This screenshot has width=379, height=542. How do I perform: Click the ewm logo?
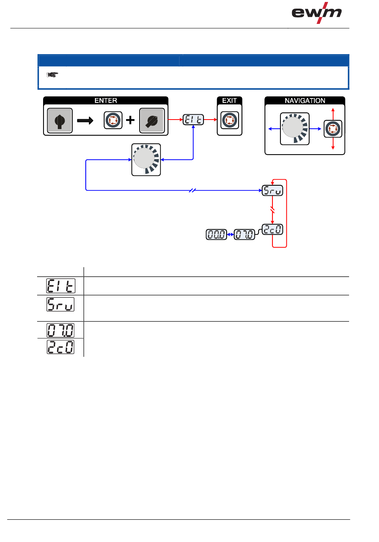316,13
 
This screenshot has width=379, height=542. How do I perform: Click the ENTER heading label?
106,100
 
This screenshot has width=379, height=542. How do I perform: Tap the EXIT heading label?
229,100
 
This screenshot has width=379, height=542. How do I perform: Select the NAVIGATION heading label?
305,101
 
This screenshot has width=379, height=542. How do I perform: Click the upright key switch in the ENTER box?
59,120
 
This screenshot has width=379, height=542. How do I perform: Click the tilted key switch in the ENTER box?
152,120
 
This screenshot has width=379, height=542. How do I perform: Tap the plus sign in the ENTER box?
130,120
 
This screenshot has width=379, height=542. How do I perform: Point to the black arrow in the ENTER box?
85,120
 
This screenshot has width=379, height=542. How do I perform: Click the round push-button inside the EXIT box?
229,120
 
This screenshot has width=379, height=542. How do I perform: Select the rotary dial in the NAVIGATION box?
294,129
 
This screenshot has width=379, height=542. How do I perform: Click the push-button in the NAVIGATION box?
333,129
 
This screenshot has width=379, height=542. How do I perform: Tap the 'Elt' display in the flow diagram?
193,120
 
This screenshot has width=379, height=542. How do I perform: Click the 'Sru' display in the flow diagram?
272,190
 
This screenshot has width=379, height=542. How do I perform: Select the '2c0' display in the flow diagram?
272,230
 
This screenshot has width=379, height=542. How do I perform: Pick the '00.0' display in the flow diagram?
216,234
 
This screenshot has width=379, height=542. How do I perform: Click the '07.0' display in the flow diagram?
244,234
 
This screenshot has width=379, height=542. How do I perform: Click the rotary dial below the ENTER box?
146,160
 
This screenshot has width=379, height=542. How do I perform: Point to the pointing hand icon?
52,75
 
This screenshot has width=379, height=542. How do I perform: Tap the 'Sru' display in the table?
60,304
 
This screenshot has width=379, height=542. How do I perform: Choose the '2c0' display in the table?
60,347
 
